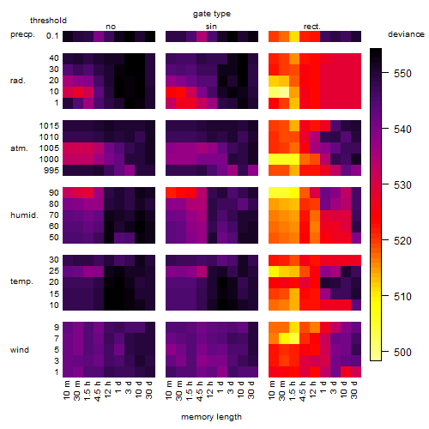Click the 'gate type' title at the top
pyautogui.click(x=212, y=14)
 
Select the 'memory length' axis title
pyautogui.click(x=211, y=417)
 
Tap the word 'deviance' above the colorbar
pyautogui.click(x=406, y=34)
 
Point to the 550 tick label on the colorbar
pyautogui.click(x=402, y=74)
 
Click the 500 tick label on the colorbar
pyautogui.click(x=402, y=352)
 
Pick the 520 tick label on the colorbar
pyautogui.click(x=402, y=241)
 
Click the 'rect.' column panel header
pyautogui.click(x=312, y=27)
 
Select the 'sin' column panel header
pyautogui.click(x=211, y=27)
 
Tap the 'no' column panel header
pyautogui.click(x=111, y=27)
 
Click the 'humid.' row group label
pyautogui.click(x=24, y=215)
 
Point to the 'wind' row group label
pyautogui.click(x=20, y=350)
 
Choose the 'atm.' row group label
pyautogui.click(x=19, y=148)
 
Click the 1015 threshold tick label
pyautogui.click(x=49, y=126)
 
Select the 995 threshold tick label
pyautogui.click(x=51, y=171)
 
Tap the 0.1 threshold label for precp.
pyautogui.click(x=52, y=36)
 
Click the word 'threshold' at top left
pyautogui.click(x=48, y=21)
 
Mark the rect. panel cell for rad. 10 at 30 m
pyautogui.click(x=284, y=92)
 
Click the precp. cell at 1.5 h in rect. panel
pyautogui.click(x=294, y=36)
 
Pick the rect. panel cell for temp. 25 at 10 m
pyautogui.click(x=274, y=271)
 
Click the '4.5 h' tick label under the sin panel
pyautogui.click(x=200, y=390)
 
